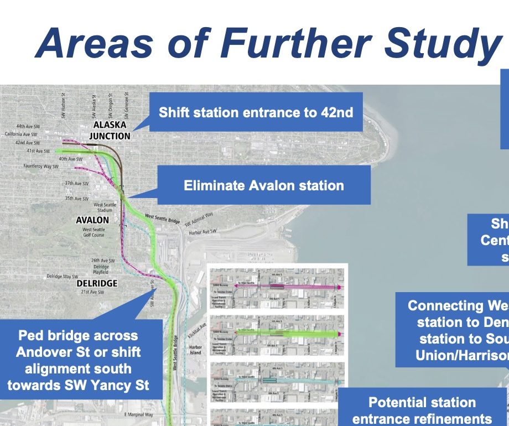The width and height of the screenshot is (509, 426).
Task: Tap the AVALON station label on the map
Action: pyautogui.click(x=92, y=220)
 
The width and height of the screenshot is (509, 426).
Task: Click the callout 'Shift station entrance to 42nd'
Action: pyautogui.click(x=256, y=113)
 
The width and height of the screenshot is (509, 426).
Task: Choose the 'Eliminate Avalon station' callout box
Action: pyautogui.click(x=263, y=185)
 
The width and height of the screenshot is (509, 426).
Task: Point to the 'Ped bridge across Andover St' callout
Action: pyautogui.click(x=82, y=360)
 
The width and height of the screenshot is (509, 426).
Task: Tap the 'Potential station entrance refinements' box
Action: pyautogui.click(x=422, y=410)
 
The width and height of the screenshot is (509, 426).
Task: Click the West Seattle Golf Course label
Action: pyautogui.click(x=94, y=233)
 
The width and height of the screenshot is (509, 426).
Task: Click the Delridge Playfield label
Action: pyautogui.click(x=101, y=269)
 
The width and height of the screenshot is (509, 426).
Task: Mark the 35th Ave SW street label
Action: pyautogui.click(x=77, y=199)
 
